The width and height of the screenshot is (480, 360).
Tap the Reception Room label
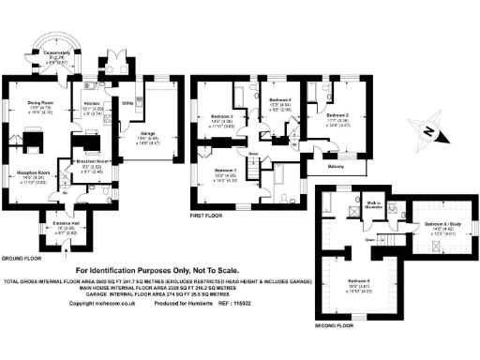click(x=33, y=172)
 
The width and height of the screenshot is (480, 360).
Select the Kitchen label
click(x=92, y=103)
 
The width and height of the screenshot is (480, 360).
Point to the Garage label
click(x=148, y=133)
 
